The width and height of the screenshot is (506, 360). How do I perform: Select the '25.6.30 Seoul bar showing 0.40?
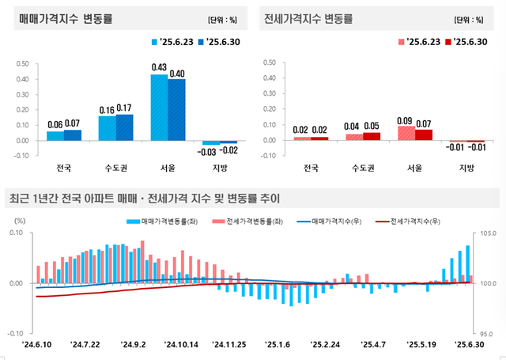pyautogui.click(x=176, y=110)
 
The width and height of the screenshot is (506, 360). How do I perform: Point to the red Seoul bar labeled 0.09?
pyautogui.click(x=406, y=133)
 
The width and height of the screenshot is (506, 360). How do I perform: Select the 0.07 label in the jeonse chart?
pyautogui.click(x=425, y=123)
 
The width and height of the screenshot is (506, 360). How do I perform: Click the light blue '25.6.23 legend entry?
pyautogui.click(x=173, y=42)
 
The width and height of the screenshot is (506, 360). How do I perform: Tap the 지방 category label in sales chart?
pyautogui.click(x=219, y=168)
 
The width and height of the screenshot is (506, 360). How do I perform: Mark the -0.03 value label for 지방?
pyautogui.click(x=208, y=152)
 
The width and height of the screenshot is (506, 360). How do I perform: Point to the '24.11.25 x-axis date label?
pyautogui.click(x=230, y=344)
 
